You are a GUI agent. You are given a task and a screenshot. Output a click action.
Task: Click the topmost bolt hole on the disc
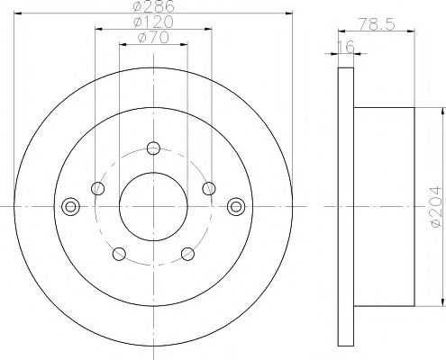click(x=153, y=148)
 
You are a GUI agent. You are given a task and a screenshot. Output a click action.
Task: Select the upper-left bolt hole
click(x=97, y=188)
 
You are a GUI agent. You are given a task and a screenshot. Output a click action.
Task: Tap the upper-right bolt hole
click(x=209, y=188)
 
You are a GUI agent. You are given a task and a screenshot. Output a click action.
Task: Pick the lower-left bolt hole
click(x=118, y=253)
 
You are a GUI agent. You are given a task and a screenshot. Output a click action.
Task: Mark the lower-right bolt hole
click(x=188, y=253)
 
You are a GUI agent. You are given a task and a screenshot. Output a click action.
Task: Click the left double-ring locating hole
click(x=70, y=205)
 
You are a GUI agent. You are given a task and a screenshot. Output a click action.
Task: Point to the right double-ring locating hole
click(x=236, y=205)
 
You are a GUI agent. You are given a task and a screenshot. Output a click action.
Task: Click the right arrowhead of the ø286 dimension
click(x=289, y=14)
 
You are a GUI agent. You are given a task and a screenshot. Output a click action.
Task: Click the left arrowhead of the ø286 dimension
click(x=19, y=14)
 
